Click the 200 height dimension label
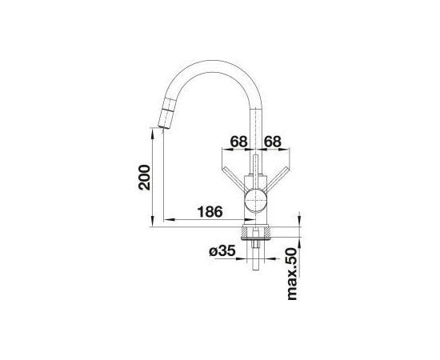(145, 178)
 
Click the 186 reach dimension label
(210, 211)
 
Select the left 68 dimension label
(239, 142)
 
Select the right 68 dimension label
(273, 142)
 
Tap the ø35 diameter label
(222, 251)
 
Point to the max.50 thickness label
(292, 274)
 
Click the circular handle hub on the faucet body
(255, 200)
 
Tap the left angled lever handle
(234, 179)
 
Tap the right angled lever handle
(277, 179)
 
